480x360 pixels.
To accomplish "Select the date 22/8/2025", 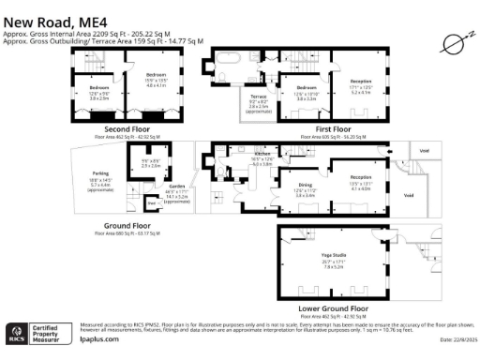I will click(456, 343).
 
